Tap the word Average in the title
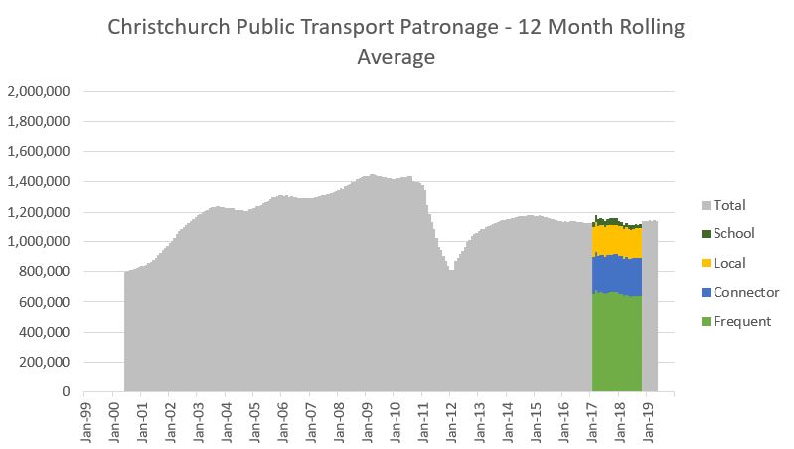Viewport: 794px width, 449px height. point(396,57)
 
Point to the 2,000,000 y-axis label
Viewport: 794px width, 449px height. point(38,92)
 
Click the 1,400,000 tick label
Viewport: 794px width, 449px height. point(38,182)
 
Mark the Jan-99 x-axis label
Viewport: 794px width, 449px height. point(86,420)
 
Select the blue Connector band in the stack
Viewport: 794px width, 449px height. point(617,274)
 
